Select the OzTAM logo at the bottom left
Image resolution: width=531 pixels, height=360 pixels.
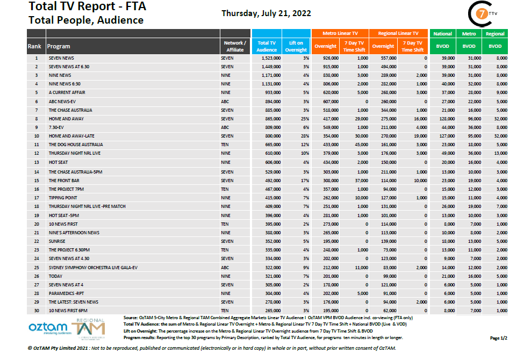47,327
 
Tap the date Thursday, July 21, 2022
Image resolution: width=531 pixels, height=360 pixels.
266,13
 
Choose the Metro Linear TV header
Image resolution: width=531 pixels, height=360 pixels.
340,33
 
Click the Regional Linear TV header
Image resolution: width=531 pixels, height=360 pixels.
398,33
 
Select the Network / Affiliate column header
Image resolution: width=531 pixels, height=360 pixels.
235,46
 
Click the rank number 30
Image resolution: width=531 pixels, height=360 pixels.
37,311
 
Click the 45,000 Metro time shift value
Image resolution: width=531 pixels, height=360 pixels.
362,145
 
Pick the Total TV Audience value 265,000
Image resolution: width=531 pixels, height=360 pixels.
268,311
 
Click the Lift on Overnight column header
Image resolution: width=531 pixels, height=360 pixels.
296,46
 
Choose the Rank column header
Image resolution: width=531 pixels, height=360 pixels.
34,46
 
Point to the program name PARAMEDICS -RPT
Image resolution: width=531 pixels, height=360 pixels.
66,293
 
